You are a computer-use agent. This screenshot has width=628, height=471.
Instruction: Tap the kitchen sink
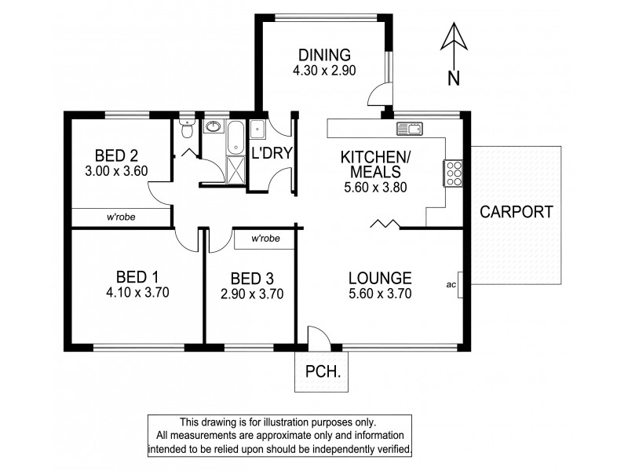click(410, 127)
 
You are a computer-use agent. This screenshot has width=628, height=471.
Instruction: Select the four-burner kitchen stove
click(453, 173)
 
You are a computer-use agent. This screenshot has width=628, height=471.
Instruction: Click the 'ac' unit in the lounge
click(453, 285)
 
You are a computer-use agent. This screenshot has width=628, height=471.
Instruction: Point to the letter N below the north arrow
click(453, 77)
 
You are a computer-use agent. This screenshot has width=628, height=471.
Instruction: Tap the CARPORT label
click(517, 211)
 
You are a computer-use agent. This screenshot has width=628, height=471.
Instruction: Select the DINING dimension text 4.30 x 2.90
click(323, 71)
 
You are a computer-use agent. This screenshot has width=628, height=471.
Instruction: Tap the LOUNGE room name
click(380, 277)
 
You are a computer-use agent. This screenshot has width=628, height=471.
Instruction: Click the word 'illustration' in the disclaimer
click(301, 422)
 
